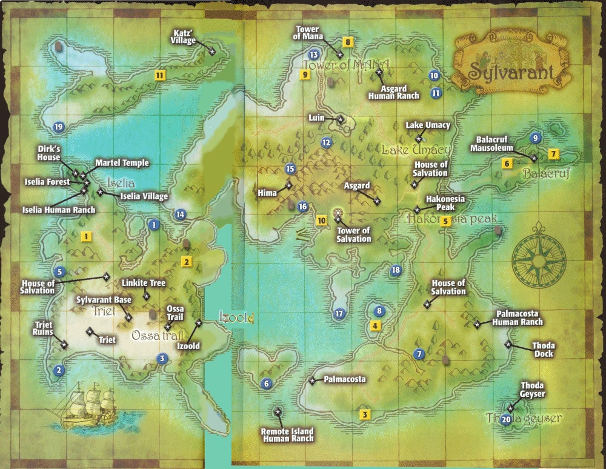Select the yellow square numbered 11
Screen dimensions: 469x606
[160, 76]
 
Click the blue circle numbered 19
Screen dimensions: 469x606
[58, 127]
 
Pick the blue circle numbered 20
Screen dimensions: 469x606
[506, 419]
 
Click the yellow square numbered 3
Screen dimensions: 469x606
[365, 415]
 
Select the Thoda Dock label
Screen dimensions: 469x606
[544, 350]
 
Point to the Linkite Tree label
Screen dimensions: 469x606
[143, 283]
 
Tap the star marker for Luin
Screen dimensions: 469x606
[341, 120]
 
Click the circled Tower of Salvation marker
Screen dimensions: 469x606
[338, 213]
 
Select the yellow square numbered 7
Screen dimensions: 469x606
[553, 153]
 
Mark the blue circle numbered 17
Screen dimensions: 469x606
[339, 313]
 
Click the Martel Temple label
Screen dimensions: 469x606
[122, 163]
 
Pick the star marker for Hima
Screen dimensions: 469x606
[289, 185]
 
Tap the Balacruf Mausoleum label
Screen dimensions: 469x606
[494, 143]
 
